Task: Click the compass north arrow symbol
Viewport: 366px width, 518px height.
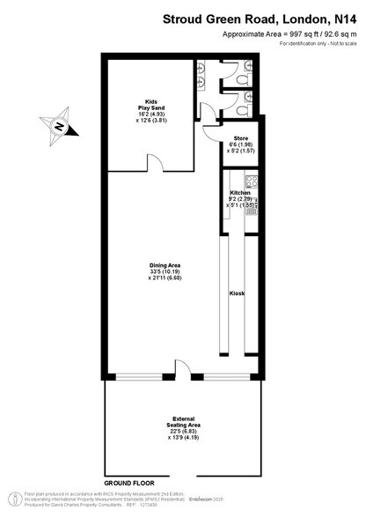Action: click(59, 125)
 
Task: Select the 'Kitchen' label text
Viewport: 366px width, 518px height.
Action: click(241, 191)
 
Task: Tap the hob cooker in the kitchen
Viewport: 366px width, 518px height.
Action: click(253, 183)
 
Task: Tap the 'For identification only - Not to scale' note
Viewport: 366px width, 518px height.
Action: click(317, 44)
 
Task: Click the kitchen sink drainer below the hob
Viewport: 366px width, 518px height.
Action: click(253, 205)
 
